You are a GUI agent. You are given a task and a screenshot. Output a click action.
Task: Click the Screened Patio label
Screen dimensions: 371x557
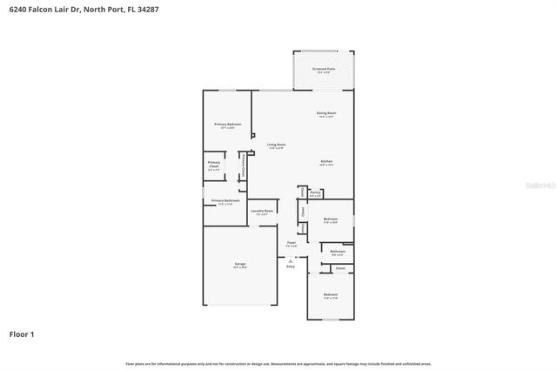pyautogui.click(x=324, y=68)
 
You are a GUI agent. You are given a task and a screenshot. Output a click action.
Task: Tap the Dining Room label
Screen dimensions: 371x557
pyautogui.click(x=326, y=113)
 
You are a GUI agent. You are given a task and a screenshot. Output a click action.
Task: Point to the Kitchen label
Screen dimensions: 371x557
pyautogui.click(x=326, y=162)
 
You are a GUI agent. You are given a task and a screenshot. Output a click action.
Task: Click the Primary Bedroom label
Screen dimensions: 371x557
pyautogui.click(x=227, y=125)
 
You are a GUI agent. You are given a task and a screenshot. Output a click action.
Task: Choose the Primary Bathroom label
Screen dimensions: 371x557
pyautogui.click(x=225, y=201)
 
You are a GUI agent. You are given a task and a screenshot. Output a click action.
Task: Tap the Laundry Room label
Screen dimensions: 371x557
pyautogui.click(x=262, y=211)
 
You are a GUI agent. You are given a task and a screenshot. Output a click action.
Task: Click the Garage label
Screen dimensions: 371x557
pyautogui.click(x=239, y=264)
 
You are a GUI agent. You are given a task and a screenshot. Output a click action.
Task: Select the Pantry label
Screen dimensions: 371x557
pyautogui.click(x=315, y=193)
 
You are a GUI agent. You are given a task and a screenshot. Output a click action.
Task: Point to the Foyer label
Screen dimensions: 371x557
pyautogui.click(x=292, y=244)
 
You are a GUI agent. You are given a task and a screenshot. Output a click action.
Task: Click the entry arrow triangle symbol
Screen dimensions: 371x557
pyautogui.click(x=292, y=260)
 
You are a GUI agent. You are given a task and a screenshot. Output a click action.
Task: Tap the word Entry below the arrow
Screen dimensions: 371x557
pyautogui.click(x=292, y=266)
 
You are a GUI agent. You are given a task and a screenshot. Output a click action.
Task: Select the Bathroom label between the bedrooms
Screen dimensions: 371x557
pyautogui.click(x=338, y=252)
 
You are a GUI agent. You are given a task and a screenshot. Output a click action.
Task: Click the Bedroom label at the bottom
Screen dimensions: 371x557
pyautogui.click(x=331, y=295)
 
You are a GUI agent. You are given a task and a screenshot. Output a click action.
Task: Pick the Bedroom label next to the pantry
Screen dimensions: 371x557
pyautogui.click(x=331, y=219)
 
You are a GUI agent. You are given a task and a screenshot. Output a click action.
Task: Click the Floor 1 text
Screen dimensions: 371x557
pyautogui.click(x=22, y=334)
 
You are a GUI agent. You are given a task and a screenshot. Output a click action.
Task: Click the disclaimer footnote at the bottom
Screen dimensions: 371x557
pyautogui.click(x=278, y=363)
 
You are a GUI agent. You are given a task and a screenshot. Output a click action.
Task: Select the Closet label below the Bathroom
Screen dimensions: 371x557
pyautogui.click(x=340, y=268)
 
